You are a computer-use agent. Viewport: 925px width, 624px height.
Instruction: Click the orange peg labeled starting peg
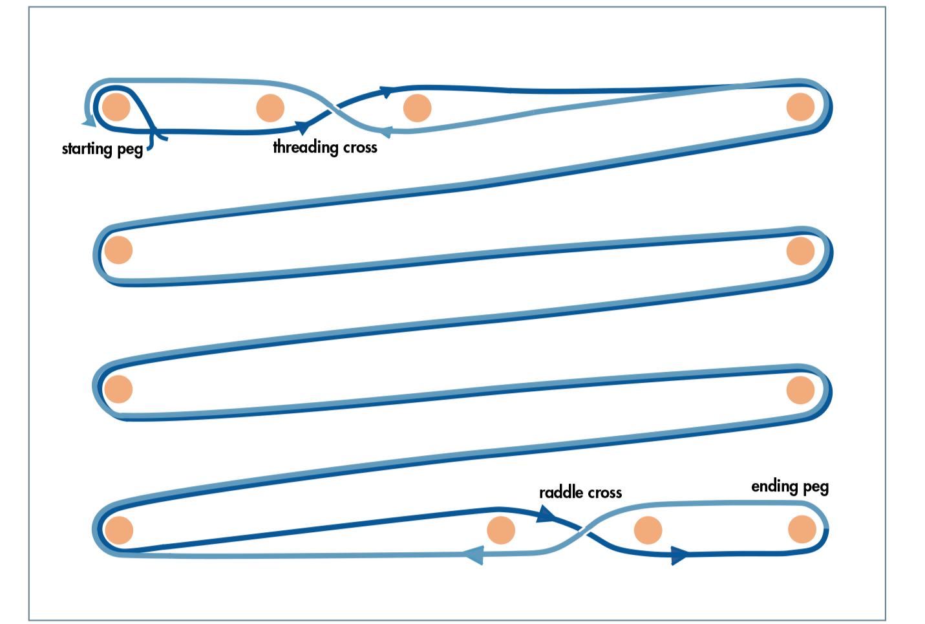pyautogui.click(x=116, y=107)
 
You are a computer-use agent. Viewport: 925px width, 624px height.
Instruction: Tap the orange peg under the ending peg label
pyautogui.click(x=802, y=529)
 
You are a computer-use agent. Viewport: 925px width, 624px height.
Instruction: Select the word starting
pyautogui.click(x=87, y=149)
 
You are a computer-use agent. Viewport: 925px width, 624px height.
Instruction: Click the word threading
pyautogui.click(x=306, y=147)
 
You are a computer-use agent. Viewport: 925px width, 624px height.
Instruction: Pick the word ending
pyautogui.click(x=774, y=486)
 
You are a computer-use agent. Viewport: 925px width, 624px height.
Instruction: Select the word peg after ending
pyautogui.click(x=816, y=488)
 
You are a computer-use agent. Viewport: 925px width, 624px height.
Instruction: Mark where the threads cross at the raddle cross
pyautogui.click(x=584, y=530)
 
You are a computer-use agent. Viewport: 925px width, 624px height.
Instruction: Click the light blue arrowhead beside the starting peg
pyautogui.click(x=89, y=122)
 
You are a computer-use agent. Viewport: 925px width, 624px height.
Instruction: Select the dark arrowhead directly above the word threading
pyautogui.click(x=303, y=127)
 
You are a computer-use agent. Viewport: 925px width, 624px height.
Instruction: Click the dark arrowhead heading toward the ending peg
pyautogui.click(x=679, y=555)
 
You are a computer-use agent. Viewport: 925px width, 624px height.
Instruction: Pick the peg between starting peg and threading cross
pyautogui.click(x=270, y=108)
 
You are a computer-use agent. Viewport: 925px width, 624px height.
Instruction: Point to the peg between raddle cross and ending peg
pyautogui.click(x=648, y=530)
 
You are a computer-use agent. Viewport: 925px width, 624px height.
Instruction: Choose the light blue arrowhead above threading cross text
pyautogui.click(x=386, y=132)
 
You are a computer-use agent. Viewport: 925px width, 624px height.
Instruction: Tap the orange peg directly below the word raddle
pyautogui.click(x=501, y=530)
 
